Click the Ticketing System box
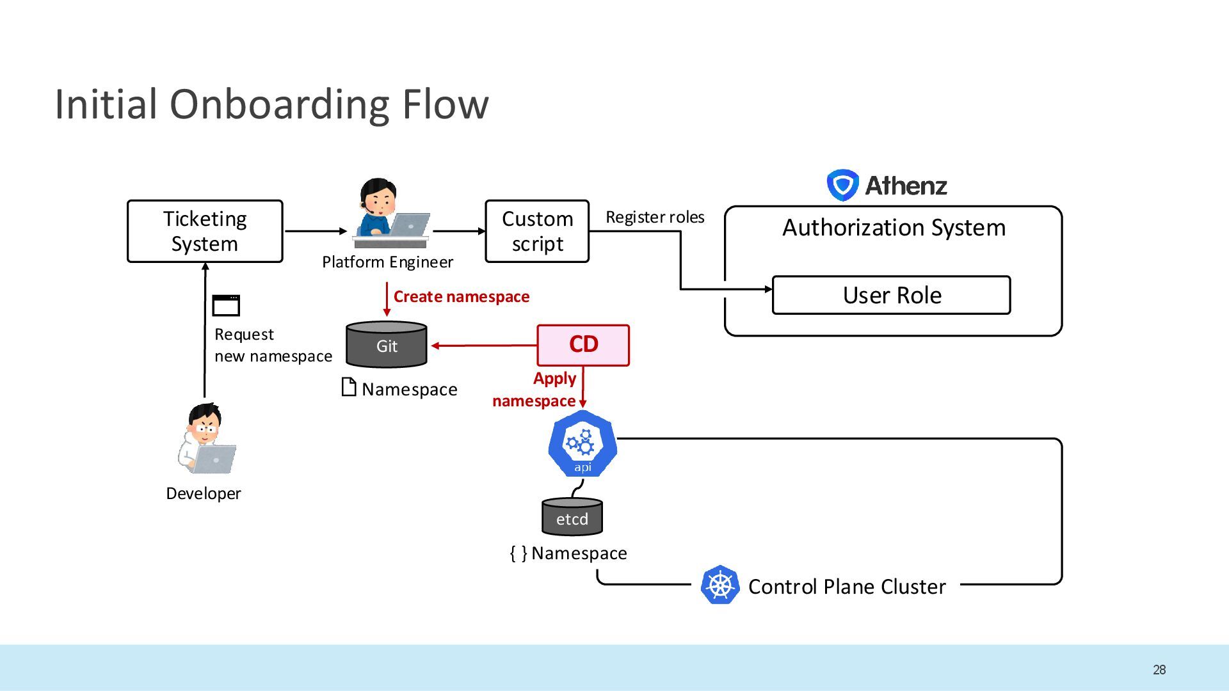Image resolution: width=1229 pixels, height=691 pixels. pyautogui.click(x=205, y=231)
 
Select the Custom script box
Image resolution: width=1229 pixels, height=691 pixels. pyautogui.click(x=537, y=231)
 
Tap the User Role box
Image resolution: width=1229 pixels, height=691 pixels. pyautogui.click(x=892, y=295)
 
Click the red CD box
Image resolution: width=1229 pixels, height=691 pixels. pyautogui.click(x=583, y=345)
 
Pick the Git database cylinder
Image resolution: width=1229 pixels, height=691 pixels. pyautogui.click(x=387, y=344)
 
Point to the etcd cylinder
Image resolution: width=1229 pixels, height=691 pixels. pyautogui.click(x=572, y=516)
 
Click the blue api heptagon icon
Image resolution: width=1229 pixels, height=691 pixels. pyautogui.click(x=582, y=443)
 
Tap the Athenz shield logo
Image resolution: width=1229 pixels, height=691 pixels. pyautogui.click(x=842, y=185)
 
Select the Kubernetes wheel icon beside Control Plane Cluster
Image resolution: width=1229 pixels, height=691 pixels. pyautogui.click(x=720, y=585)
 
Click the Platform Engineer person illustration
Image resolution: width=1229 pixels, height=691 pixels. pyautogui.click(x=389, y=213)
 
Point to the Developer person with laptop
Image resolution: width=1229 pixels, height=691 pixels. pyautogui.click(x=206, y=439)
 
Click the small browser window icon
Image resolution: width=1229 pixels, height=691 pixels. pyautogui.click(x=226, y=305)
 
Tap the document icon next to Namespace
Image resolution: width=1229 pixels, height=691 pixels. pyautogui.click(x=349, y=387)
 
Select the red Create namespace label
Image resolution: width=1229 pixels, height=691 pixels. pyautogui.click(x=462, y=296)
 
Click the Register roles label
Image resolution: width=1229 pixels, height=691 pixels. pyautogui.click(x=655, y=217)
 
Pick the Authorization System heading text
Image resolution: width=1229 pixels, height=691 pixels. pyautogui.click(x=894, y=228)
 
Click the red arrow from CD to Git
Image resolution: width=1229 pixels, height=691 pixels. pyautogui.click(x=484, y=345)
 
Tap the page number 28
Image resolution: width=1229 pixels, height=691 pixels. pyautogui.click(x=1159, y=670)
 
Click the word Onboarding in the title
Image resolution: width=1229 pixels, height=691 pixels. pyautogui.click(x=279, y=104)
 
